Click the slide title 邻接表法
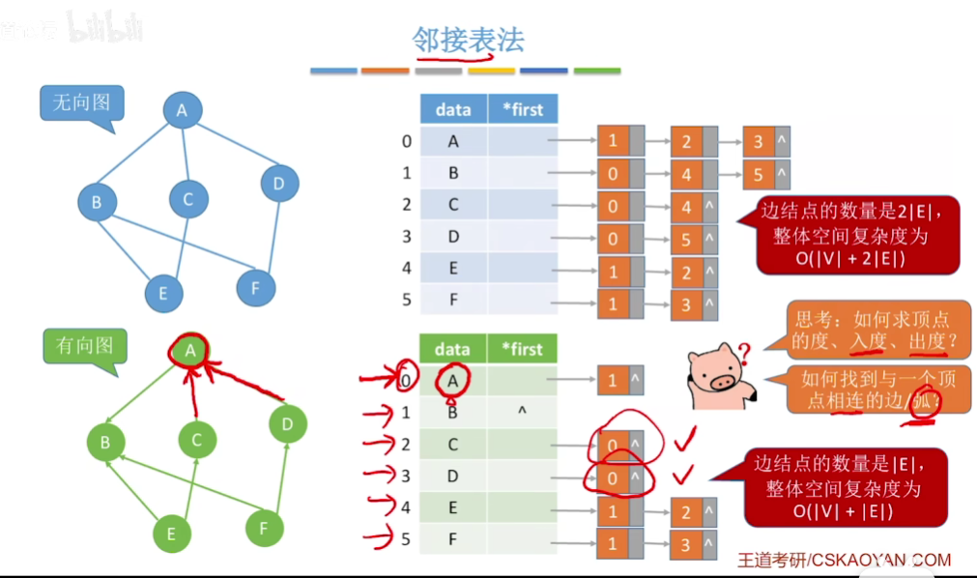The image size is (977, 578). pyautogui.click(x=468, y=40)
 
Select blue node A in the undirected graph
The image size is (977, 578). pyautogui.click(x=181, y=111)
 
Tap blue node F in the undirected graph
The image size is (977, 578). pyautogui.click(x=255, y=287)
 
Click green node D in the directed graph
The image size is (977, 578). pyautogui.click(x=286, y=423)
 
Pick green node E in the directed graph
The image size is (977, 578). pyautogui.click(x=171, y=534)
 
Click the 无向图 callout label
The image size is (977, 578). pyautogui.click(x=81, y=102)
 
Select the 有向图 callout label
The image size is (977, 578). pyautogui.click(x=84, y=345)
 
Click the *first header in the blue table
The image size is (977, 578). pyautogui.click(x=523, y=109)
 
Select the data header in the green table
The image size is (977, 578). pyautogui.click(x=452, y=349)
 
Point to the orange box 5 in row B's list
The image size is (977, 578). pyautogui.click(x=759, y=175)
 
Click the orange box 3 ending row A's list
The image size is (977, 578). pyautogui.click(x=759, y=143)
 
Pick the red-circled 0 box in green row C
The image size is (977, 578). pyautogui.click(x=613, y=445)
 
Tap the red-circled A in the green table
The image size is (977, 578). pyautogui.click(x=452, y=381)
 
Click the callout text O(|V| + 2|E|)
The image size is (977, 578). pyautogui.click(x=848, y=258)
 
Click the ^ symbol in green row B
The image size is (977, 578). pyautogui.click(x=522, y=413)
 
